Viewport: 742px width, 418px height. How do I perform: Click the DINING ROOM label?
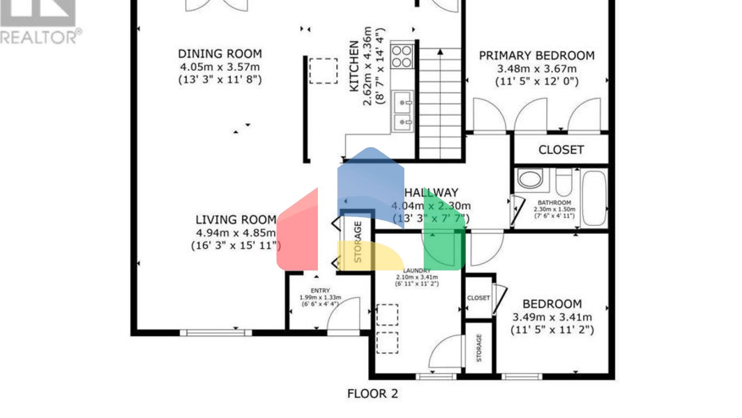220,54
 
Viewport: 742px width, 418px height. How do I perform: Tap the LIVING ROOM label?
236,220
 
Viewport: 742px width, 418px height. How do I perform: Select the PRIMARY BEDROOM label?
536,56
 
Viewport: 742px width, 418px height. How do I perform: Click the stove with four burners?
402,56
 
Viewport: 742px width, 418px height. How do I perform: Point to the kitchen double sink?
402,111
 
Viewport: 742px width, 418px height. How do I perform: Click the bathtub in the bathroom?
594,198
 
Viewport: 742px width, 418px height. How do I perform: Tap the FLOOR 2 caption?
372,394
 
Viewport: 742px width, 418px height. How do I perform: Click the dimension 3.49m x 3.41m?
552,317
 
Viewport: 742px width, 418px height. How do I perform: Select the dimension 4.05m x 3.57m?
220,67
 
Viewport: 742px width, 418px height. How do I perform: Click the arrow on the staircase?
440,52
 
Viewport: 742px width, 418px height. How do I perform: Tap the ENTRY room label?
320,291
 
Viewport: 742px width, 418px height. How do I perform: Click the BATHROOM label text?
554,203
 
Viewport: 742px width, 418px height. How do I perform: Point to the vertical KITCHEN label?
354,67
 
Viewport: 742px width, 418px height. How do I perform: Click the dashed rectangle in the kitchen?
323,71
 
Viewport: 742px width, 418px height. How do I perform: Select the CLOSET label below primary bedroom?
561,150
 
